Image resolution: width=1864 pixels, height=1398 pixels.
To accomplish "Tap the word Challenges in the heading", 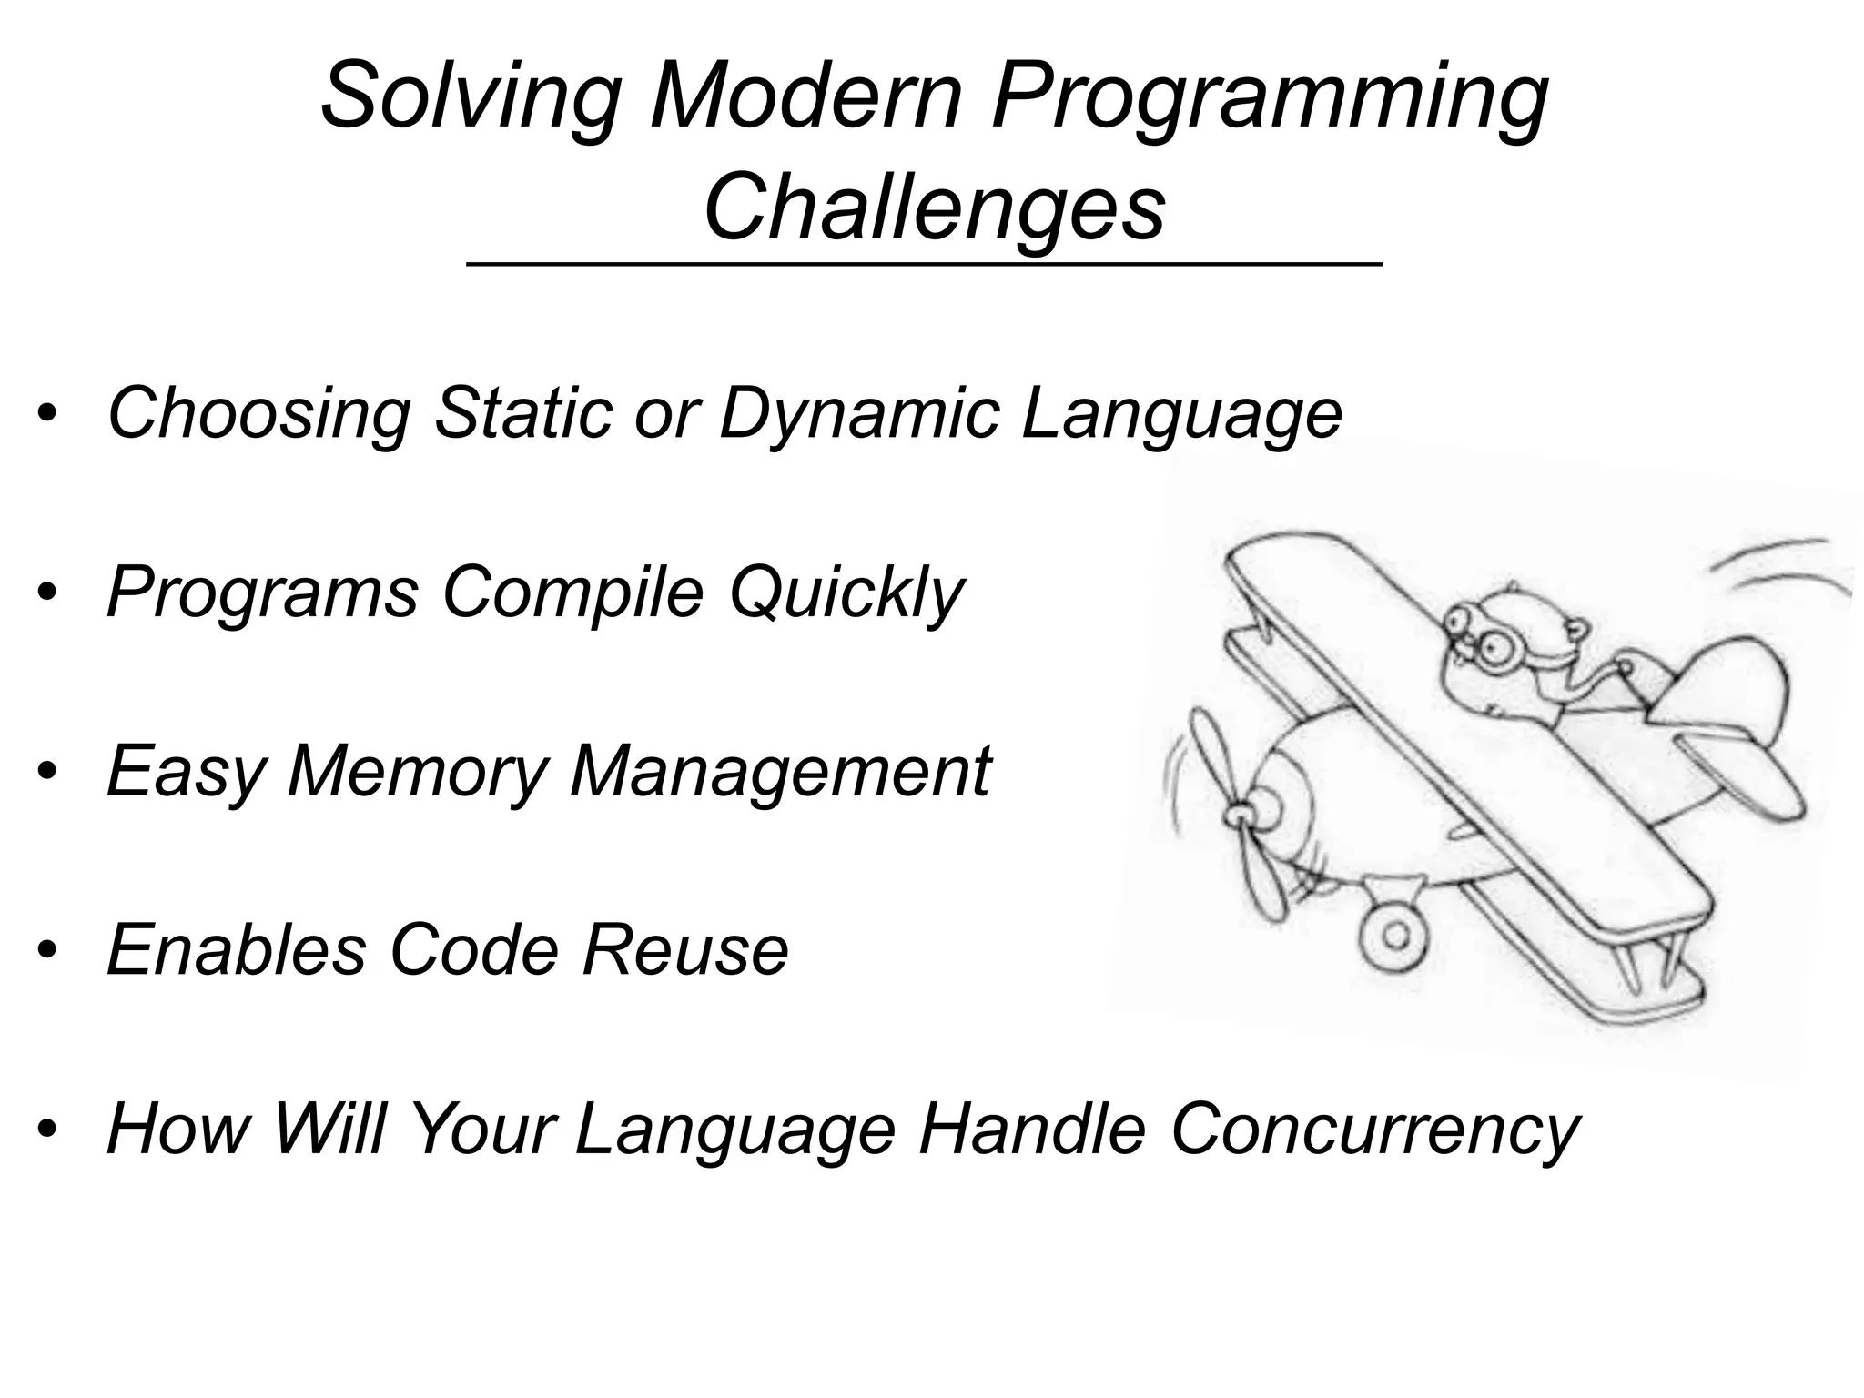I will click(x=934, y=208).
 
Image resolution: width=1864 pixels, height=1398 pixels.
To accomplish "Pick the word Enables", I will click(x=237, y=950).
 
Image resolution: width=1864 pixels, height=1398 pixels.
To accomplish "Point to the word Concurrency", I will click(x=1375, y=1130).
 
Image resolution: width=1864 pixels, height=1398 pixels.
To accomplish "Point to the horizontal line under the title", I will click(x=923, y=264).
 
